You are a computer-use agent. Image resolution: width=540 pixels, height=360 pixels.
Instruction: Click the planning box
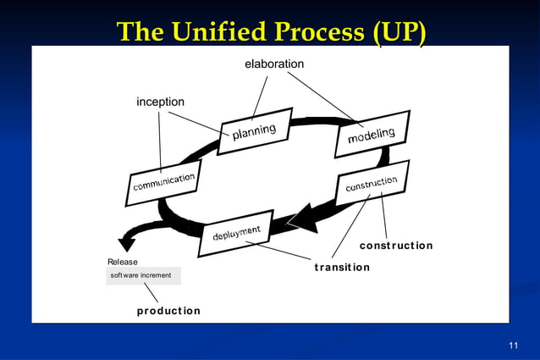click(256, 130)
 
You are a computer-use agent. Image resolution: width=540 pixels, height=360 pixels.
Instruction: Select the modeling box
click(372, 134)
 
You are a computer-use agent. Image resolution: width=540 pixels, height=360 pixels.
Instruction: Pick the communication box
click(165, 181)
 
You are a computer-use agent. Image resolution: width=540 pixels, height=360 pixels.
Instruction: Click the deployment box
click(236, 232)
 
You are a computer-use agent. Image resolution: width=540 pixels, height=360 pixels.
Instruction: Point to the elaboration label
click(274, 64)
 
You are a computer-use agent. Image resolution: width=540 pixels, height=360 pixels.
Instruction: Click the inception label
click(161, 102)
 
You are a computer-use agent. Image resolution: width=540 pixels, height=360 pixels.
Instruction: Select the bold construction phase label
click(396, 246)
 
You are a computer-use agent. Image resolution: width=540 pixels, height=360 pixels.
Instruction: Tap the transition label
click(342, 268)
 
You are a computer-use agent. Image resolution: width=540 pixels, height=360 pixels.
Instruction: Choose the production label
click(169, 311)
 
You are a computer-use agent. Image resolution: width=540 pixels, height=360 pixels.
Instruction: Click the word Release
click(123, 262)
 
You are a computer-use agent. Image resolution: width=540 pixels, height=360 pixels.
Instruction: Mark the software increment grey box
click(144, 276)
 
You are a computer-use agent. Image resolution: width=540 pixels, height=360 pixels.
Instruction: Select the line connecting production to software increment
click(151, 292)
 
